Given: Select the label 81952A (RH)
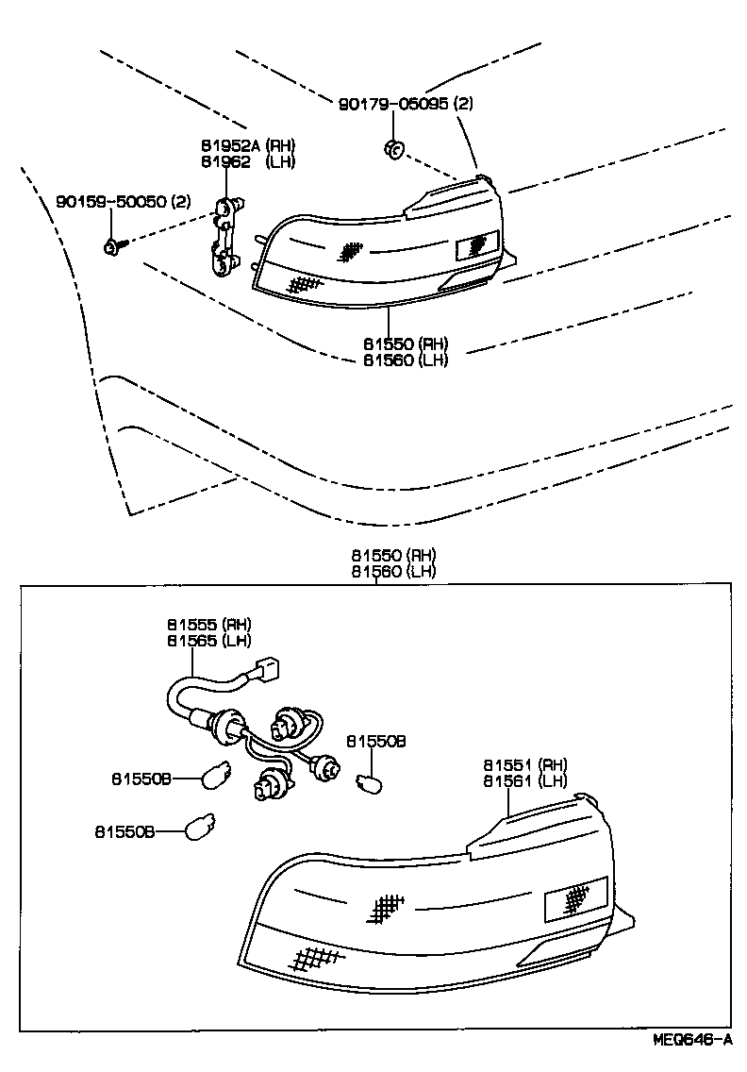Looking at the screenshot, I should (x=247, y=145).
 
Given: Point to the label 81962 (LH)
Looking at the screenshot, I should (x=247, y=161).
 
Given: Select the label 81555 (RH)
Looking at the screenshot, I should (x=209, y=624).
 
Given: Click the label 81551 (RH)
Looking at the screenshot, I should (x=525, y=764).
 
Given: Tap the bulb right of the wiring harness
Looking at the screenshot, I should (x=368, y=782).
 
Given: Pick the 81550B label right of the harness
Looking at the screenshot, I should (x=375, y=742).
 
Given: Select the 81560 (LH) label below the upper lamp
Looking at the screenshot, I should (x=406, y=360).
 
